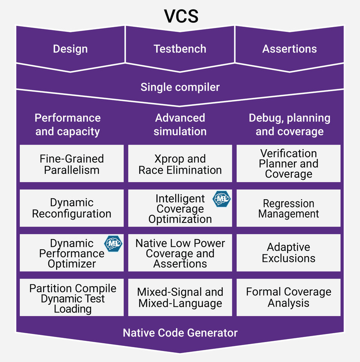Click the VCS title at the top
pos(180,16)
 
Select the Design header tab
pos(70,49)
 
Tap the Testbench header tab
pos(180,49)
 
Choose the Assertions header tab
pos(289,49)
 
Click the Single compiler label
pos(180,87)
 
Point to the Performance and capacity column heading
pos(68,125)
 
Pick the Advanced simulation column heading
pos(180,125)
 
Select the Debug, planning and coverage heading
pos(289,125)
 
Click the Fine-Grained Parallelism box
pos(72,164)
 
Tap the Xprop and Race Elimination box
pos(180,164)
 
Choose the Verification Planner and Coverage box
pos(288,164)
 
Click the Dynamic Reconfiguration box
pos(72,208)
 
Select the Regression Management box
pos(288,209)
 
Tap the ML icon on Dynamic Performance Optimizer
pos(113,243)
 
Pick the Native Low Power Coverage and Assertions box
pos(180,253)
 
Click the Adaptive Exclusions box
pos(288,253)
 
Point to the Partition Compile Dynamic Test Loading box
pos(72,298)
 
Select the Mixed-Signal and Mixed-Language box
pos(180,298)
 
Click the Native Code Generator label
pos(180,333)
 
